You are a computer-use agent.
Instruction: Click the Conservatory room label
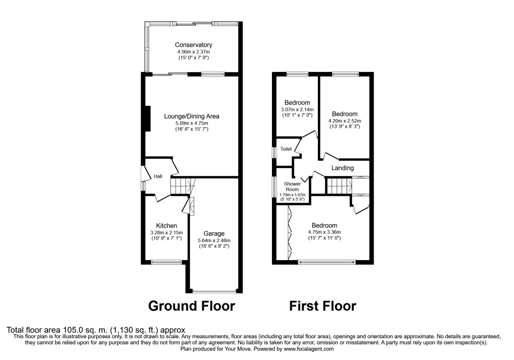click(193, 45)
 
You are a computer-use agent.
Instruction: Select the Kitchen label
click(166, 226)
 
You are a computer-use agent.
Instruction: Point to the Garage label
click(214, 234)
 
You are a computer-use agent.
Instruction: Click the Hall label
click(158, 176)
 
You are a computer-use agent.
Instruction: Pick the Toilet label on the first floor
click(286, 149)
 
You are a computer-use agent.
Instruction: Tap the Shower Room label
click(293, 186)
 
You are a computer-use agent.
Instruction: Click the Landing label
click(343, 168)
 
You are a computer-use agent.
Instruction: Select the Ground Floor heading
click(191, 306)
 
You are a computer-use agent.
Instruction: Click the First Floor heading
click(323, 306)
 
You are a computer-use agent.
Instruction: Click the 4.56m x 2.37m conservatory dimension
click(193, 51)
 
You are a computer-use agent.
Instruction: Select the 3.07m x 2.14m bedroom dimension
click(297, 109)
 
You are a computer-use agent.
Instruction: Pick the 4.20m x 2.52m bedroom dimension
click(344, 121)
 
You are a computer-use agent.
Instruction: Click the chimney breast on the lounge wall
click(147, 118)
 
